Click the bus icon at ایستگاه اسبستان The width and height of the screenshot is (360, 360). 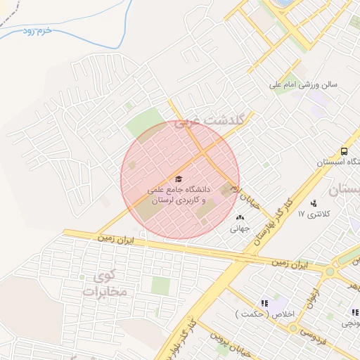pos(344,151)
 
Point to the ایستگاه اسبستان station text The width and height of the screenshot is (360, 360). pos(338,162)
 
